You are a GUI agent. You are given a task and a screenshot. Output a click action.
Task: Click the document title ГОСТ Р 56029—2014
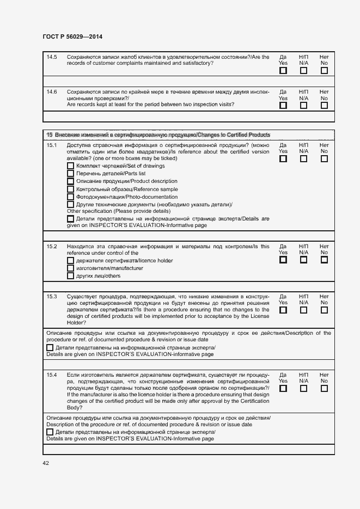72,36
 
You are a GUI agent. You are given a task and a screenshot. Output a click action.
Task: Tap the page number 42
46,463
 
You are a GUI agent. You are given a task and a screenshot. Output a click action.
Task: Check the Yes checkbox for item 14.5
283,71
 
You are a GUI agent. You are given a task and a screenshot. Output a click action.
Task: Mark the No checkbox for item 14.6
324,106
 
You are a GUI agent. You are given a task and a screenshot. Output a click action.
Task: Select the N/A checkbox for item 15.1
303,159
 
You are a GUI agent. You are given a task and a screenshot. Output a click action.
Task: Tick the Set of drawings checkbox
70,165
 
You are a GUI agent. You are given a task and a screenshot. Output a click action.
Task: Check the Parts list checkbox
70,174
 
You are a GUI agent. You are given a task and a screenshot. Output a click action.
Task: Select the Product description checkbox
70,181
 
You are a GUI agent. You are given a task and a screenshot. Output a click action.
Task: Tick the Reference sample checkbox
70,189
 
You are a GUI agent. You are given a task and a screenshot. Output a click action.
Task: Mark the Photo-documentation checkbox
70,197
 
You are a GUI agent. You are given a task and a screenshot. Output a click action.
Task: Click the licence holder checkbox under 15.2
70,260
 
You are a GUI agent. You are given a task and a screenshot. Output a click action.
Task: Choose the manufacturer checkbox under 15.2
70,268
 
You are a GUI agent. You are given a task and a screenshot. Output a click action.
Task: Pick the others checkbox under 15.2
70,276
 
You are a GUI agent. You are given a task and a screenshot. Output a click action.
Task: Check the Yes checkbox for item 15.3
283,310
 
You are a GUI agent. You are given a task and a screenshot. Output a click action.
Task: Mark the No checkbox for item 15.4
324,389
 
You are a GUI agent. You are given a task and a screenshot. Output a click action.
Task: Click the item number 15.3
52,296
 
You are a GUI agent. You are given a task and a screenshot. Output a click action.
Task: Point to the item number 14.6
52,91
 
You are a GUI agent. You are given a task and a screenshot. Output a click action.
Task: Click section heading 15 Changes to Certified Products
158,134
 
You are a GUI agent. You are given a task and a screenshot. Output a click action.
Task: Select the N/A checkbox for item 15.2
303,260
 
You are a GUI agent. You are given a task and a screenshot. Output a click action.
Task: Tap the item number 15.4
52,375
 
